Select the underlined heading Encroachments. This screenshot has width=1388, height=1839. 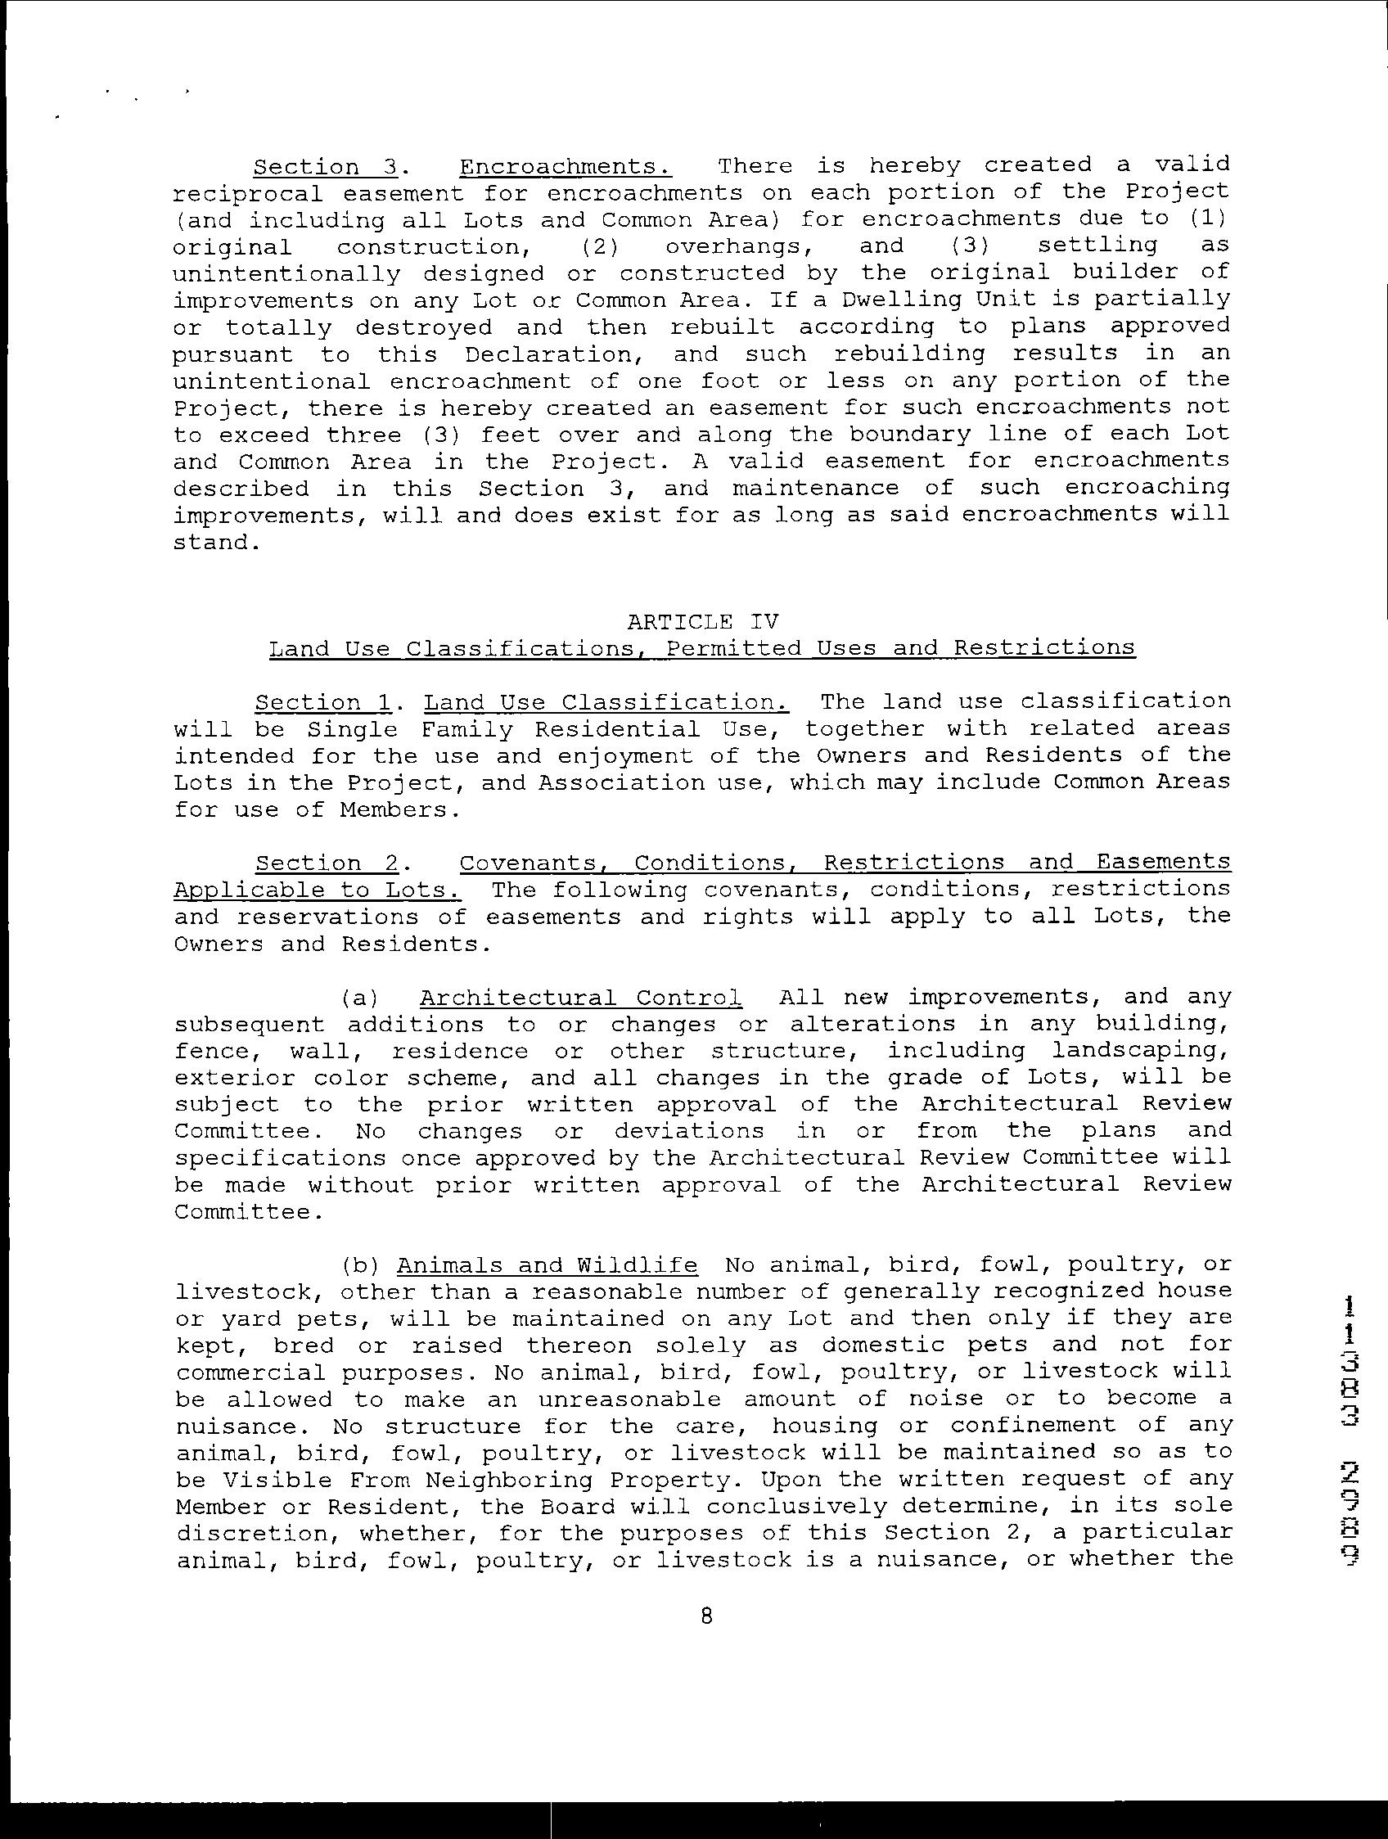click(x=566, y=166)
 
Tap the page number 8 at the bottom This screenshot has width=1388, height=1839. click(x=706, y=1616)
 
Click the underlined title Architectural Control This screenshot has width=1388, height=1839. click(x=580, y=997)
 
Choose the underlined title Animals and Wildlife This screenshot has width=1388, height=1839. click(x=547, y=1265)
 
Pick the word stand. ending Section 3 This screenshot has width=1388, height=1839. click(x=211, y=543)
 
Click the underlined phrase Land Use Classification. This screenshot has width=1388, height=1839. click(x=606, y=702)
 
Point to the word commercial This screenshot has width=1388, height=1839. click(x=247, y=1372)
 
